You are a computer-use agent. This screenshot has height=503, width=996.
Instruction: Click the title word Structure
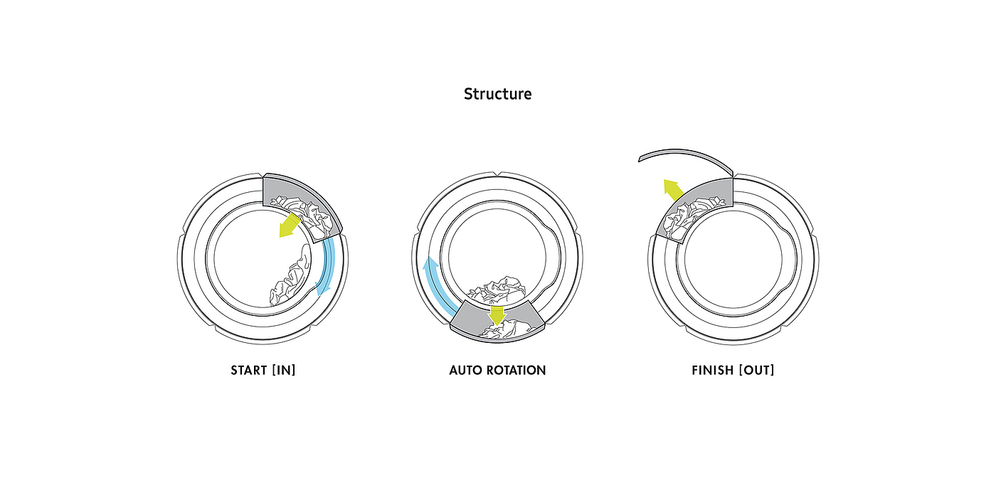497,94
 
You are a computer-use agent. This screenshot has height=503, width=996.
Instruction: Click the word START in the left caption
248,371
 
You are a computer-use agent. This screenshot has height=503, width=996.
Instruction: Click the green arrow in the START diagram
288,226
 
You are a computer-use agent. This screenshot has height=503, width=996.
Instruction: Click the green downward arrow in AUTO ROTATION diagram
497,314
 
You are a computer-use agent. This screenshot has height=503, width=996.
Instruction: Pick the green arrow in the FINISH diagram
673,189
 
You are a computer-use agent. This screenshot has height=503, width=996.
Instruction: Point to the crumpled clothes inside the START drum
292,281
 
